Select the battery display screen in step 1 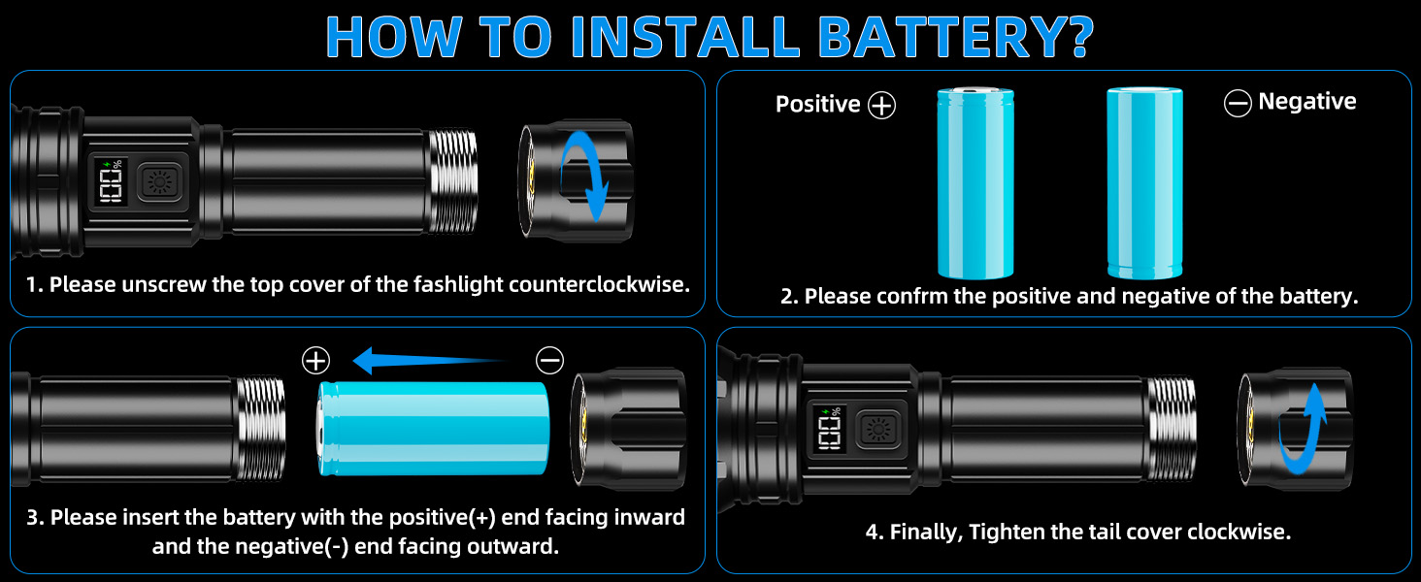111,182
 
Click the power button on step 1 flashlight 159,182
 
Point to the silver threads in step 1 452,181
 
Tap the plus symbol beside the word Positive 881,105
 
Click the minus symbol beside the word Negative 1238,104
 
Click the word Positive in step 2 817,104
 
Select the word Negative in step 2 1307,102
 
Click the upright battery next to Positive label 975,183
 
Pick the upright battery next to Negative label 1145,183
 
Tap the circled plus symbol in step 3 315,361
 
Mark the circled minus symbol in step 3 549,361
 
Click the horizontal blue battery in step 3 433,428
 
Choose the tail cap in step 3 628,428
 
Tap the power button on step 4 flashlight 878,429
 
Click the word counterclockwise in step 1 599,284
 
